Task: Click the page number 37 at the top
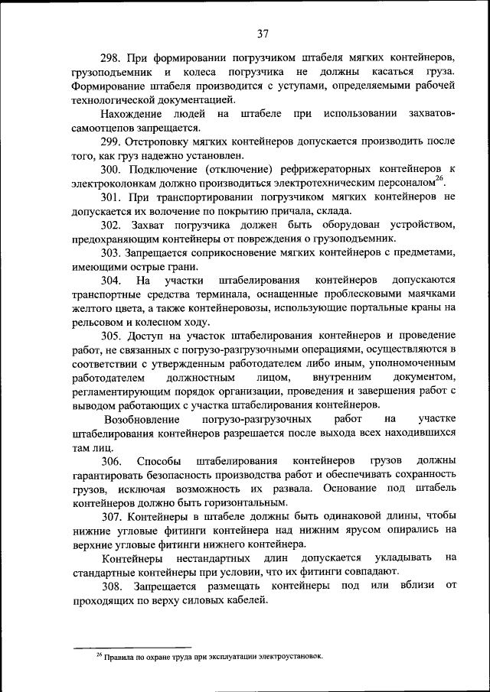point(263,34)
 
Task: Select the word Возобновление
point(142,420)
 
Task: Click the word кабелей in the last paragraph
point(247,599)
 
